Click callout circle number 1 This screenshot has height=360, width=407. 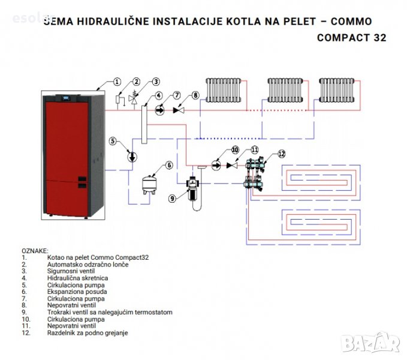[117, 81]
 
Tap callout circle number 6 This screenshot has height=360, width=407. [170, 164]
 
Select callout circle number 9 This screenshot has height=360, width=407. [172, 198]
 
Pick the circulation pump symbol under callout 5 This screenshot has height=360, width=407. [132, 155]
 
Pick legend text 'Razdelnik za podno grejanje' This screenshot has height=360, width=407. [87, 332]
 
